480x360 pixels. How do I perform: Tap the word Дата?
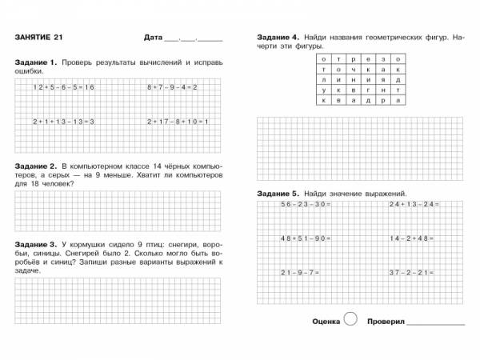pyautogui.click(x=152, y=38)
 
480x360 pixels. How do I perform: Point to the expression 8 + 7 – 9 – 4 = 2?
pyautogui.click(x=172, y=86)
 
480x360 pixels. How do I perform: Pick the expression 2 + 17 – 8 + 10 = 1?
pyautogui.click(x=178, y=121)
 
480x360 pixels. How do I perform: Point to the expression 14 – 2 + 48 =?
pyautogui.click(x=413, y=238)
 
